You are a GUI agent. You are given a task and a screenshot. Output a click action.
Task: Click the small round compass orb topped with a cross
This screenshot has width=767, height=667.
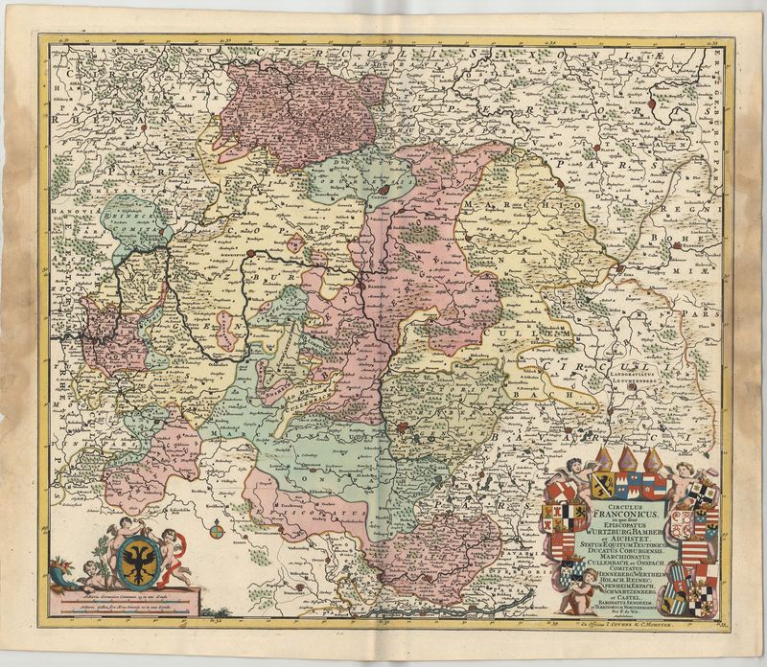(x=217, y=526)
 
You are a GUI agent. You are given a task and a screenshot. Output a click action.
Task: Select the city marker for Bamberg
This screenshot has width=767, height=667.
(x=364, y=285)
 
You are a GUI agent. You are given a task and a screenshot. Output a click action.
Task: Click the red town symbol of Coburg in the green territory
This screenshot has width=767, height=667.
(x=383, y=191)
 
